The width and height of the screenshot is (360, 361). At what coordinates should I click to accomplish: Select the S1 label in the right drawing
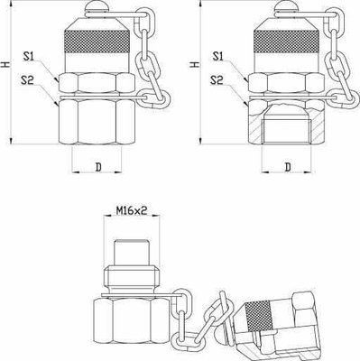(217, 58)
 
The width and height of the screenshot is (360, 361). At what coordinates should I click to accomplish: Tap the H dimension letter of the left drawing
(7, 64)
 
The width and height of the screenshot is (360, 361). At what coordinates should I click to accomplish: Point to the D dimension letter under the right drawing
(287, 167)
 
